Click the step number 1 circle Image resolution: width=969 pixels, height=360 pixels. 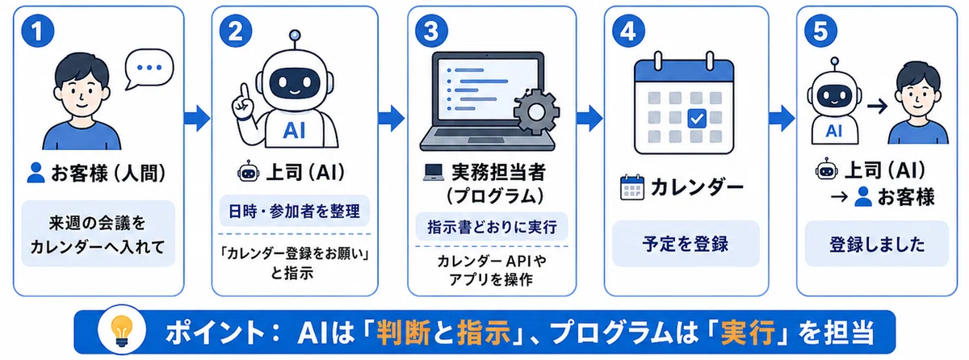37,31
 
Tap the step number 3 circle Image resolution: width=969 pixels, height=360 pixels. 431,31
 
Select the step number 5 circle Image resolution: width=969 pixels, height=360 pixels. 820,31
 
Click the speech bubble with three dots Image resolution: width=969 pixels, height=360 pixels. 149,69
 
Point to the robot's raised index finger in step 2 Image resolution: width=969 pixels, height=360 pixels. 245,93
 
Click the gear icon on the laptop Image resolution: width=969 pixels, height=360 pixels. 536,112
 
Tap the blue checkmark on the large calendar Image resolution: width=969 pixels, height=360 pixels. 696,119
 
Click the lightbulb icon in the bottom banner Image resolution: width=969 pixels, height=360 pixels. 122,331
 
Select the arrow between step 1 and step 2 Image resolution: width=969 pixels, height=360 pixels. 197,118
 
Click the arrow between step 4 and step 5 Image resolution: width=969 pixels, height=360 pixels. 782,118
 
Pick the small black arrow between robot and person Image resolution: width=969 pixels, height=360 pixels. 877,107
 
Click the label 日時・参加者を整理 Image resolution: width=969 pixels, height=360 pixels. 294,211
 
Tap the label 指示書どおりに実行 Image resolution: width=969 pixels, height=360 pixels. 492,227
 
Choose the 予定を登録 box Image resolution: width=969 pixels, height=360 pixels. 686,244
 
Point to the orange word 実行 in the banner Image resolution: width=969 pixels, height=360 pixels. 748,333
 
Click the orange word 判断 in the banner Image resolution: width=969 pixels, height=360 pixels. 403,333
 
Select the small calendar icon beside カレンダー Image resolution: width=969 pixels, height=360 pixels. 632,187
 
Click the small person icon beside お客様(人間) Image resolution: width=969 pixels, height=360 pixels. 36,173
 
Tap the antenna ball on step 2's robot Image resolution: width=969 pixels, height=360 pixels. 295,35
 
